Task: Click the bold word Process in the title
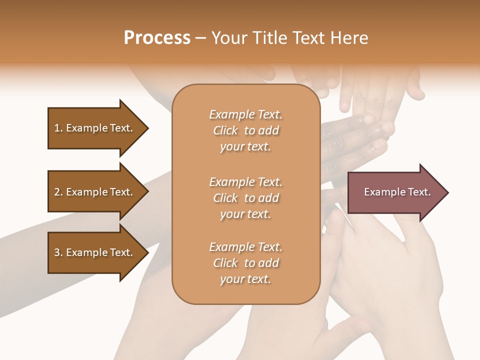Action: (157, 38)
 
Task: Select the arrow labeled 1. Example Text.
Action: (95, 128)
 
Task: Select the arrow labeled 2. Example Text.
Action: (95, 192)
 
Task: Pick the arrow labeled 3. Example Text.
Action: (95, 252)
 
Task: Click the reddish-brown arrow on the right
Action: (395, 192)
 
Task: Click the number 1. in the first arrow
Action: (58, 128)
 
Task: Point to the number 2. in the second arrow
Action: (58, 192)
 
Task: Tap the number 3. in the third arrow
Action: (58, 252)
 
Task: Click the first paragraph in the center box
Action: (245, 130)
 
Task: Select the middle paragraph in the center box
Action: (245, 198)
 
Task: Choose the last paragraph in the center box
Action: (245, 263)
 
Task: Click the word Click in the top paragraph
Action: (225, 130)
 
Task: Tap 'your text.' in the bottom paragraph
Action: (245, 279)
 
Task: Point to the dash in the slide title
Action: (201, 38)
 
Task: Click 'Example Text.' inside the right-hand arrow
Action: (397, 192)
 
